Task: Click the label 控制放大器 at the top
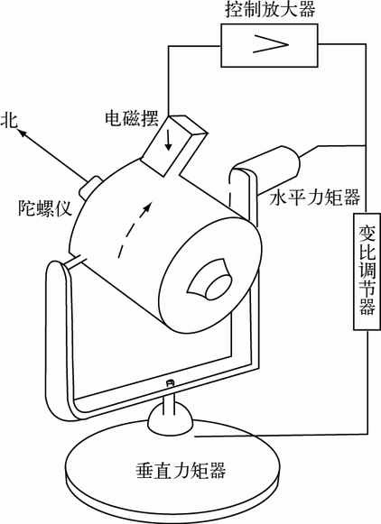270,9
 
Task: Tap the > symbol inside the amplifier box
270,44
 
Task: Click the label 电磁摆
132,118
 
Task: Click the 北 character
9,120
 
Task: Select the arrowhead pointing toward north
23,133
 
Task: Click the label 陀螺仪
45,207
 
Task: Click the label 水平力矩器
315,197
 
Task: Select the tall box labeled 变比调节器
367,271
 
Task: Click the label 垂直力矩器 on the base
181,471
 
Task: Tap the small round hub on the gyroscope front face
218,288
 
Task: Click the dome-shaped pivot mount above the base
171,418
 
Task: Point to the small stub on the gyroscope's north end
89,186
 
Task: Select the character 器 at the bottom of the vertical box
367,307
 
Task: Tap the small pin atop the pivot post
171,382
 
